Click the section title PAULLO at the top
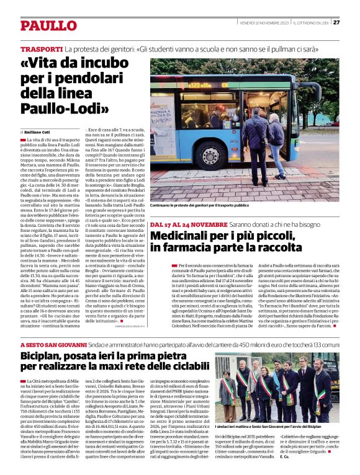pyautogui.click(x=47, y=25)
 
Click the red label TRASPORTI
pyautogui.click(x=41, y=48)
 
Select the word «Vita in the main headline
pyautogui.click(x=45, y=64)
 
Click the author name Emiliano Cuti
pyautogui.click(x=39, y=132)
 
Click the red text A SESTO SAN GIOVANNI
pyautogui.click(x=53, y=344)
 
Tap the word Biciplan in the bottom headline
pyautogui.click(x=47, y=357)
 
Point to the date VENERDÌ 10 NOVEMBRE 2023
pyautogui.click(x=264, y=23)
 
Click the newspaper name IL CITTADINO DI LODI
pyautogui.click(x=311, y=23)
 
